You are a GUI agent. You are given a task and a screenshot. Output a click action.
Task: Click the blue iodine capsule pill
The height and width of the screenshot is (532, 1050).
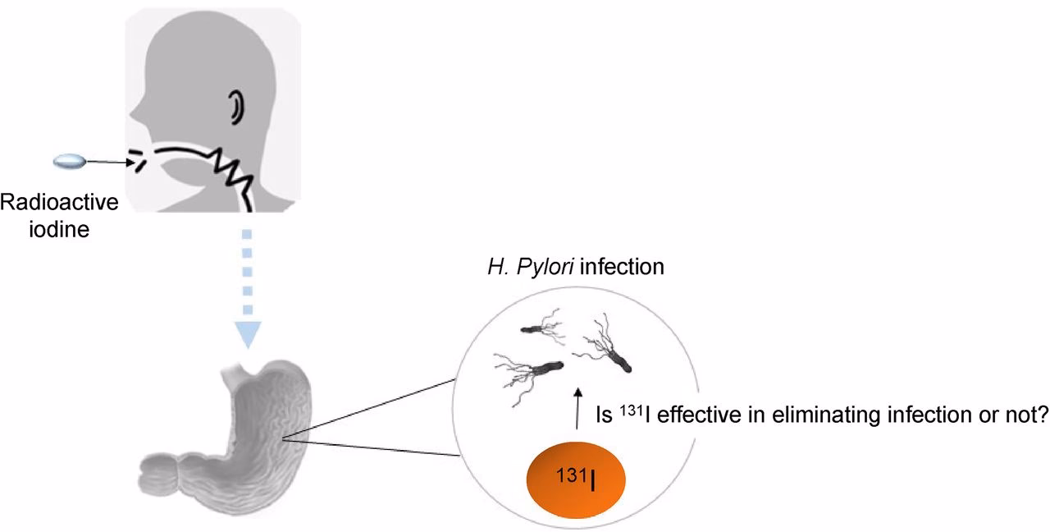pos(69,163)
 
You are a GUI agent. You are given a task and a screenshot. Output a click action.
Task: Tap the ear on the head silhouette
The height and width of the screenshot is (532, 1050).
pos(237,106)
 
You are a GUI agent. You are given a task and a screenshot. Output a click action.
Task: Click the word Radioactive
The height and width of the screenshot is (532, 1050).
pos(60,202)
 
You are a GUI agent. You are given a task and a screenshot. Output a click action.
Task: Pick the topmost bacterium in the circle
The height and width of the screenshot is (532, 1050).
pos(541,329)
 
